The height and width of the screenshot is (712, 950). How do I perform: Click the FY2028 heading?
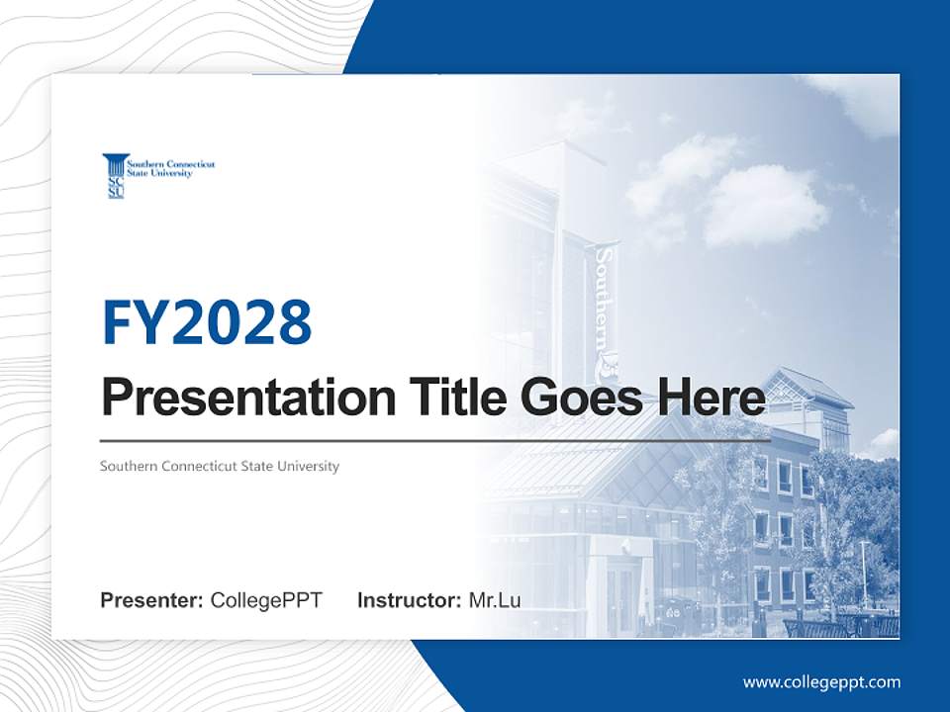pos(207,321)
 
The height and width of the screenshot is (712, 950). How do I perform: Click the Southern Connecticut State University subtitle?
pos(220,466)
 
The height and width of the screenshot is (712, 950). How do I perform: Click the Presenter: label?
pos(152,600)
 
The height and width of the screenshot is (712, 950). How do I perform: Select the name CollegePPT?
pos(266,600)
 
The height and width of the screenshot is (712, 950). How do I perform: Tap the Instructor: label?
pos(409,600)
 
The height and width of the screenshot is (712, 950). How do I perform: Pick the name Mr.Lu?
pos(495,600)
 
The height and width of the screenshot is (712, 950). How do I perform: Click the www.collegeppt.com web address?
pos(821,681)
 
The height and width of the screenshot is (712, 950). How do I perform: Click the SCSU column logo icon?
pos(115,175)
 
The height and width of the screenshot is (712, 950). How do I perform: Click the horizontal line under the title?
pos(435,440)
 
